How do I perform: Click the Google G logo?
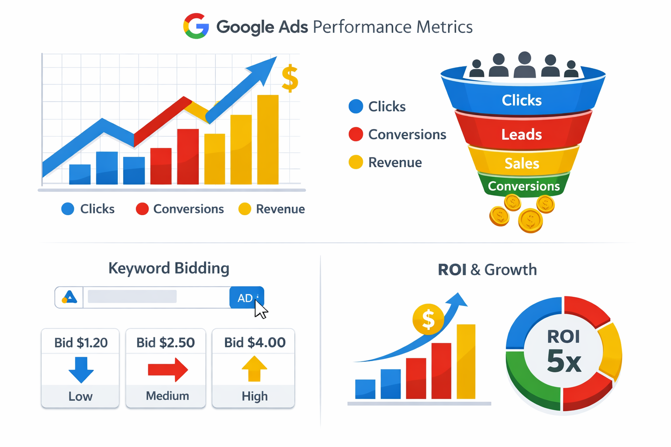(196, 26)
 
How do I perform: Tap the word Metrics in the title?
(444, 27)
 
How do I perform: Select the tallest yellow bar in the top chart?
(268, 140)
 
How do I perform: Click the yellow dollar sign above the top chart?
(290, 78)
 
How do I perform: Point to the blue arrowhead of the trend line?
(265, 70)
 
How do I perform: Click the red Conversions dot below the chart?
(142, 209)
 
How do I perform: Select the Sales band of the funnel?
(522, 163)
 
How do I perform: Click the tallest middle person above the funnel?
(525, 65)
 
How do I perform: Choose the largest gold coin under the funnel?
(530, 220)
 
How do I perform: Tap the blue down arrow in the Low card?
(81, 369)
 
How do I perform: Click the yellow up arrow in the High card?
(254, 369)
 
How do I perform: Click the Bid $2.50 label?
(166, 343)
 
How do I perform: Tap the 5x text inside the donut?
(564, 361)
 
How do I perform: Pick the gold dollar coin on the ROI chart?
(428, 319)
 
